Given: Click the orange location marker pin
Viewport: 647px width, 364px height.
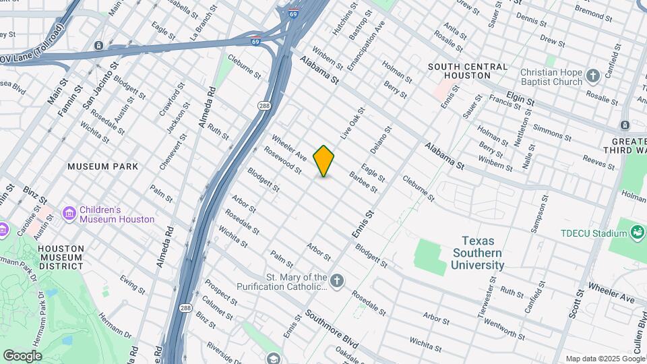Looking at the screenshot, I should click(x=323, y=161).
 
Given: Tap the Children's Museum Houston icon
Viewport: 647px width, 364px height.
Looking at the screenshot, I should click(x=69, y=214).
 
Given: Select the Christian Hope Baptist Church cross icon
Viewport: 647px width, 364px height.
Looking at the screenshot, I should click(x=593, y=76).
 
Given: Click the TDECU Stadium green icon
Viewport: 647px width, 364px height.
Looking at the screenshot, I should click(x=637, y=233).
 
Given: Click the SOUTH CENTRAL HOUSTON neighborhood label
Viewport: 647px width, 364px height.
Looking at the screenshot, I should click(x=468, y=71).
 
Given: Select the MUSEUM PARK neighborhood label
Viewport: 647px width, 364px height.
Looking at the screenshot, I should click(x=103, y=166).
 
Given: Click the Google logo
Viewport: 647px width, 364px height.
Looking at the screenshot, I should click(x=22, y=356).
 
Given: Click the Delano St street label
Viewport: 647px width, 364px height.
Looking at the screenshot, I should click(x=381, y=140).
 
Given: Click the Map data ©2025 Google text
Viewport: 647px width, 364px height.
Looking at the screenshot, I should click(x=605, y=359).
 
